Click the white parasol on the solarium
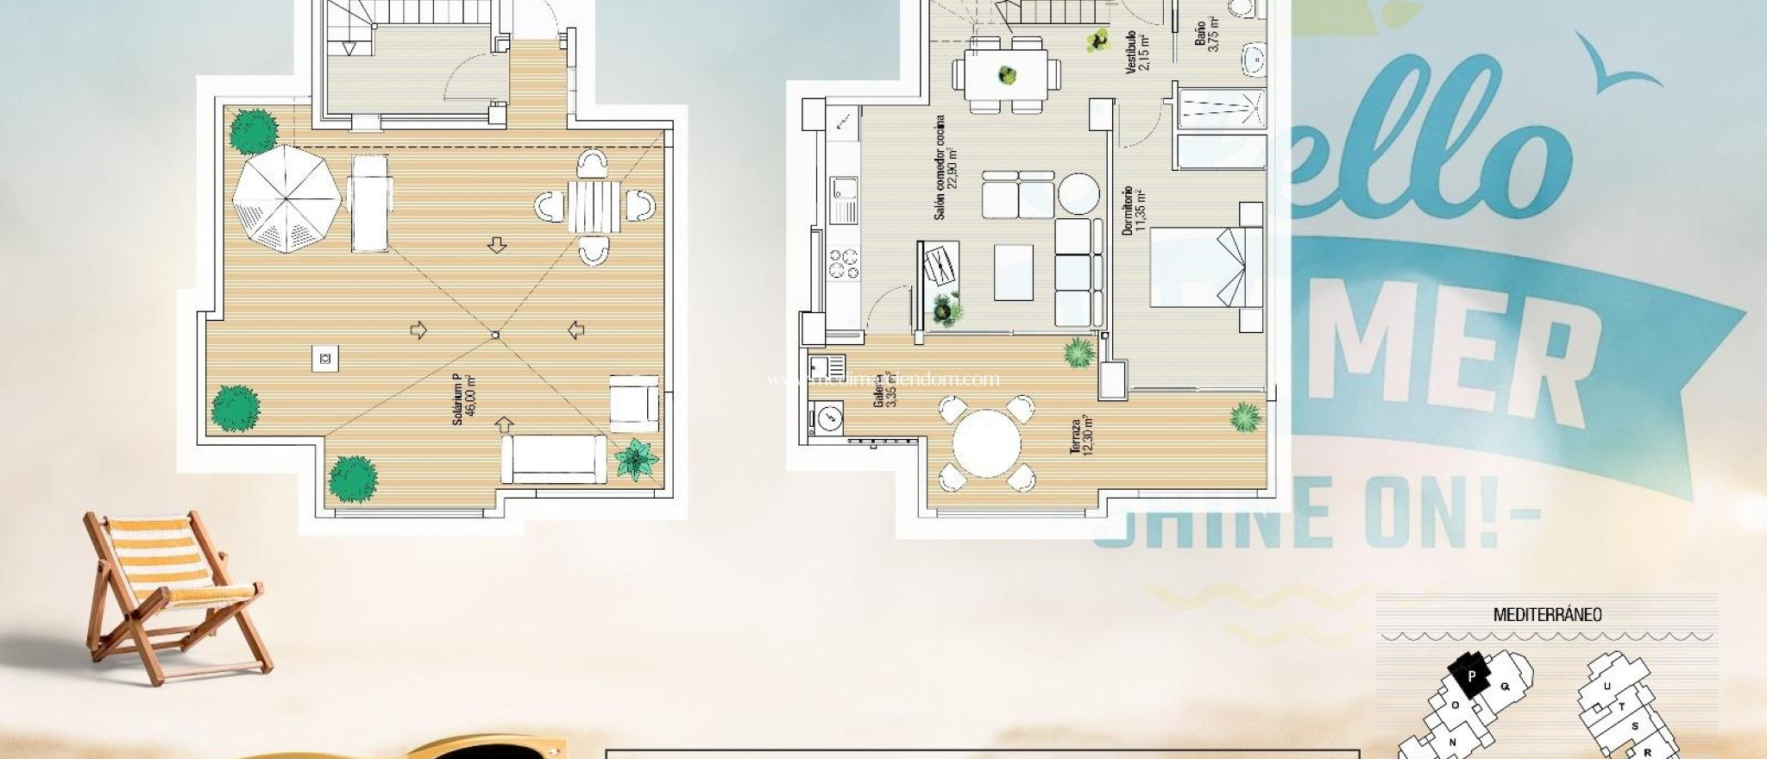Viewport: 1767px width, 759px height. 286,199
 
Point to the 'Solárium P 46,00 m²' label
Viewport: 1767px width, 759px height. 464,398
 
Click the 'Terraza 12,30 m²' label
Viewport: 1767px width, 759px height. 1081,437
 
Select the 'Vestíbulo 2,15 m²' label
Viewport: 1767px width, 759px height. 1137,53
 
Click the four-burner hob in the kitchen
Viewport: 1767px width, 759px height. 843,263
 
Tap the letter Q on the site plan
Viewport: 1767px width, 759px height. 1506,687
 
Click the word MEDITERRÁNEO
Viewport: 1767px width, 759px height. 1547,615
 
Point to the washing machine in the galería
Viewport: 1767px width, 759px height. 827,418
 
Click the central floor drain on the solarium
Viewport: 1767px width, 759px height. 494,334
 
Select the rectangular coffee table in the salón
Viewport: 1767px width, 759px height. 1014,273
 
